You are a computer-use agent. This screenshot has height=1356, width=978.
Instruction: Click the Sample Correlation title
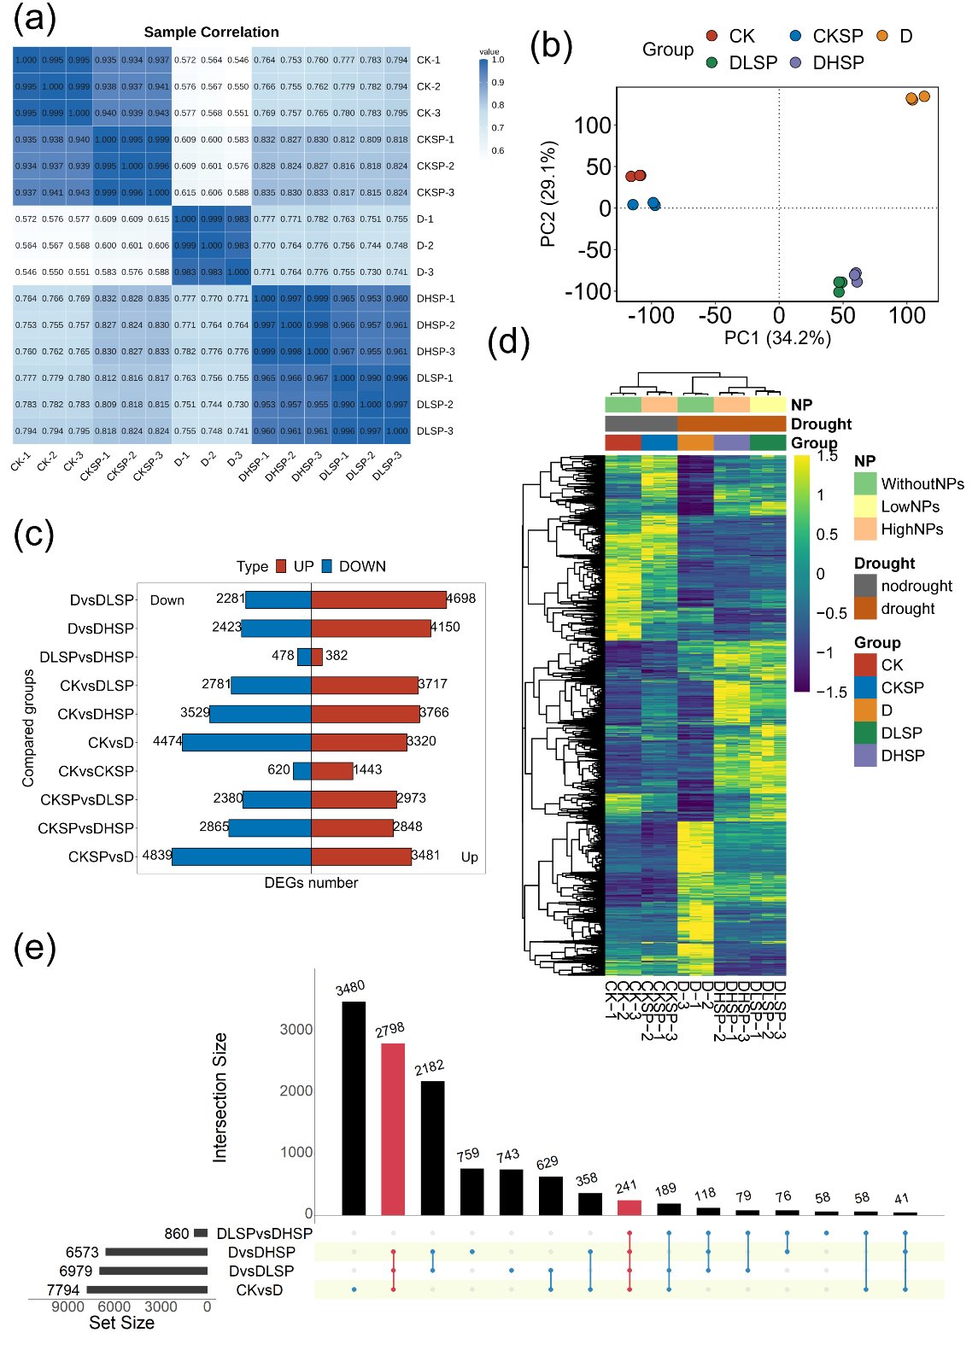coord(211,32)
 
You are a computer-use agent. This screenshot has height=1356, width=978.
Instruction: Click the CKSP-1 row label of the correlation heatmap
coord(435,139)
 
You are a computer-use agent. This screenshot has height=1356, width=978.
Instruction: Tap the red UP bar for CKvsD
coord(359,742)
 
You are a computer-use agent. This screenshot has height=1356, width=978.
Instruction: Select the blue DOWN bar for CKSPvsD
coord(241,856)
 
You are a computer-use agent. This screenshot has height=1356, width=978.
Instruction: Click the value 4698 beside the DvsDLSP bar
coord(461,599)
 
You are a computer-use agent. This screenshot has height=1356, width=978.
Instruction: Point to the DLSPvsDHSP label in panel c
coord(86,657)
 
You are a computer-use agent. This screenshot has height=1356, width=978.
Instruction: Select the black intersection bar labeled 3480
coord(354,1108)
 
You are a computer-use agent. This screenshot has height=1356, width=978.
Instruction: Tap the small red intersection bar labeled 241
coord(629,1207)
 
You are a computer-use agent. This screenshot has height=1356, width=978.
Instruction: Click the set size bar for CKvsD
coord(147,1290)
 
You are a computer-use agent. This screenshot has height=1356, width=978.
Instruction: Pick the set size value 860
coord(177,1234)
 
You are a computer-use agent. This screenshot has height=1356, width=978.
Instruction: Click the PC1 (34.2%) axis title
coord(777,338)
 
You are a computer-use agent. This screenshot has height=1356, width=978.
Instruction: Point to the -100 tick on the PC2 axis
coord(589,291)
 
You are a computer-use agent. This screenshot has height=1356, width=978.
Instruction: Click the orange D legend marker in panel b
coord(882,36)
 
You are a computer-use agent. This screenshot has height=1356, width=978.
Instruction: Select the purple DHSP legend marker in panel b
coord(796,62)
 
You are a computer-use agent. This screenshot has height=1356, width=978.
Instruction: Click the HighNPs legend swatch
coord(865,529)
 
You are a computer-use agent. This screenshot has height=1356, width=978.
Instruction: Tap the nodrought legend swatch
coord(865,586)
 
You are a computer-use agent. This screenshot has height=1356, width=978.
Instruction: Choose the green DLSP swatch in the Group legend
coord(865,733)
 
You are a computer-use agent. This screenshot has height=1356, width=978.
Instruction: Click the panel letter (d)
coord(508,342)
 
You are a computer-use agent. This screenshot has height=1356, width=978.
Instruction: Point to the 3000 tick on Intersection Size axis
coord(296,1030)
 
